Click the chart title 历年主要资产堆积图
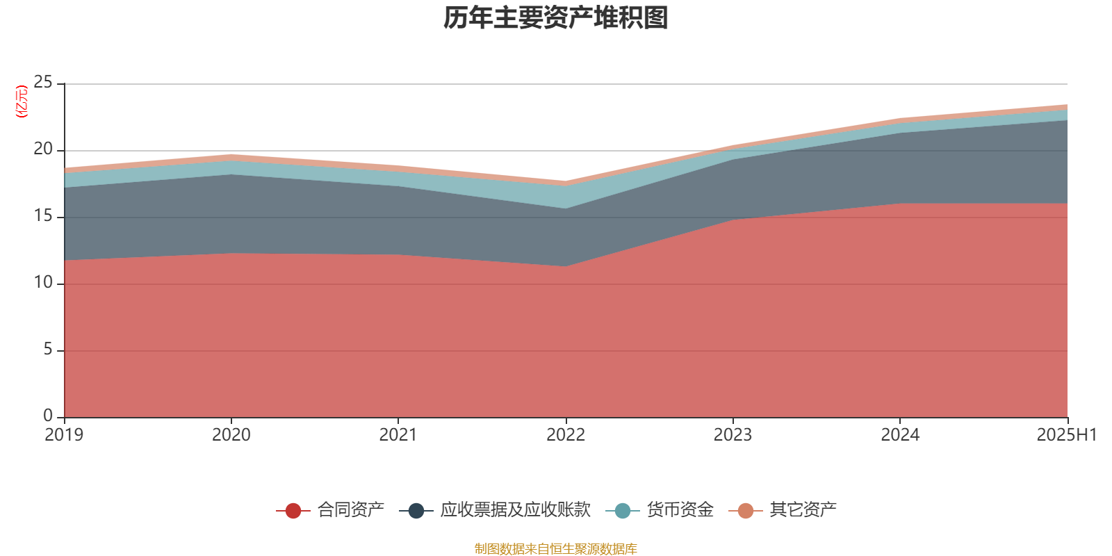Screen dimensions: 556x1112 555,19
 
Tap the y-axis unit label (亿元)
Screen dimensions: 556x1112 22,101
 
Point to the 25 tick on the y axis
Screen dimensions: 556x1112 43,83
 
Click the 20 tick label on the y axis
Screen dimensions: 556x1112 43,149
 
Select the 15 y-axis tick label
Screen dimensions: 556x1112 43,216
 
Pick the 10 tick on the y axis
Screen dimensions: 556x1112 43,283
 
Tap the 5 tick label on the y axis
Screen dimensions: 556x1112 48,350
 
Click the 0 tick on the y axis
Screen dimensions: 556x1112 48,416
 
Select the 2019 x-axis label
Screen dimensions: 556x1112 64,435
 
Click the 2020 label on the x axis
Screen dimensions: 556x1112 231,435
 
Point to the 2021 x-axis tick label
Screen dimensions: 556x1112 398,435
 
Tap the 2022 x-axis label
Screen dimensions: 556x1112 566,435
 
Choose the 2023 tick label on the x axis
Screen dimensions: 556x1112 733,435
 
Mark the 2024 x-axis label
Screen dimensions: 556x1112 900,435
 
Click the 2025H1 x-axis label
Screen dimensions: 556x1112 1066,435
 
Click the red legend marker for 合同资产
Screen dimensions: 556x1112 293,511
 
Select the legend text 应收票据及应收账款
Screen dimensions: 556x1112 515,510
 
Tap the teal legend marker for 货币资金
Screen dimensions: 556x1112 623,511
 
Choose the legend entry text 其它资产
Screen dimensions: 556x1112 803,510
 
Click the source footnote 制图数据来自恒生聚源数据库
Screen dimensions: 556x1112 555,549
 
